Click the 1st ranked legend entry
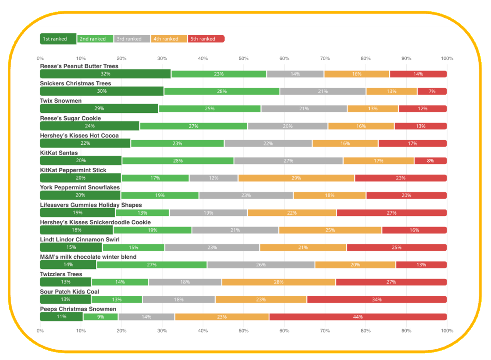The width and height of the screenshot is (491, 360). [58, 39]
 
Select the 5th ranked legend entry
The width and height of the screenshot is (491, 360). [206, 39]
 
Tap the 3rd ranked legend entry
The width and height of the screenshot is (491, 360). [132, 39]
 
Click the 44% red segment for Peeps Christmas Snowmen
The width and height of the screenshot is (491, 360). [358, 317]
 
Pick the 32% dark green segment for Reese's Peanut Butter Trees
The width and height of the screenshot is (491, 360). [105, 74]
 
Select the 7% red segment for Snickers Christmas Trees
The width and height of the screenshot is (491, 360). [432, 92]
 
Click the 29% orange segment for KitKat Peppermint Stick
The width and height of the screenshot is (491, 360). [296, 178]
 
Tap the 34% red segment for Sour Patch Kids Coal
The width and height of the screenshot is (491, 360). [377, 299]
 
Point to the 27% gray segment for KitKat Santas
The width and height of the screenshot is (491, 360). [288, 161]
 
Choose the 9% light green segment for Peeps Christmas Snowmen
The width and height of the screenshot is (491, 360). [100, 317]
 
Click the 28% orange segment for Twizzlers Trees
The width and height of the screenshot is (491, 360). [279, 282]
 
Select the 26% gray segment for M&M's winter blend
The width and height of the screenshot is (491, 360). [261, 265]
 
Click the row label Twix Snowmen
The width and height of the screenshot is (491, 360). [61, 101]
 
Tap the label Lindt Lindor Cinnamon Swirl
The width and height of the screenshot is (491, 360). [80, 239]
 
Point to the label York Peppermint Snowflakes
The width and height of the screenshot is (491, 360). [80, 187]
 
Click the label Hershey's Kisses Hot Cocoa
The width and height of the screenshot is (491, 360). [79, 136]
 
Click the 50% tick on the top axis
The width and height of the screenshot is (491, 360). [243, 59]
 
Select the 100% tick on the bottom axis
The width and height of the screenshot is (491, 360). [447, 331]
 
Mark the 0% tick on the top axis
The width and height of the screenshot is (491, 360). [40, 59]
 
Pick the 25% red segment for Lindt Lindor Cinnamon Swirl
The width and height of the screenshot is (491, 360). [396, 247]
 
